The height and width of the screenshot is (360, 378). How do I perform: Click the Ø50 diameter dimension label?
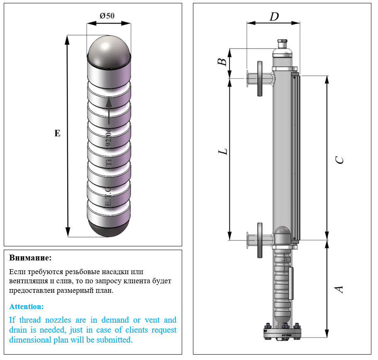(x=107, y=16)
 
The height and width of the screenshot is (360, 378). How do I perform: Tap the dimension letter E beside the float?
(x=57, y=133)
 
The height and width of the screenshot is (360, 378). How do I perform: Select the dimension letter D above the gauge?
(x=274, y=17)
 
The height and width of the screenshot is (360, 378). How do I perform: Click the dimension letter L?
(x=224, y=151)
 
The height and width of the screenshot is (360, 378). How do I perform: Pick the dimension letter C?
(x=339, y=160)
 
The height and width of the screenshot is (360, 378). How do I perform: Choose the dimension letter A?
(x=339, y=289)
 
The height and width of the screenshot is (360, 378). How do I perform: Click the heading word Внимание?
(x=30, y=258)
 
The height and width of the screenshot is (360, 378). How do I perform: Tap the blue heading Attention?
(x=26, y=307)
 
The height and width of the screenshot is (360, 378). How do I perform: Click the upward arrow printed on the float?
(x=109, y=110)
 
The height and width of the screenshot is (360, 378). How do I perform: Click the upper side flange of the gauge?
(x=260, y=79)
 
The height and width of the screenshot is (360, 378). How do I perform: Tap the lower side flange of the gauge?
(x=260, y=240)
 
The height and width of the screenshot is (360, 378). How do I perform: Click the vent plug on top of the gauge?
(x=283, y=43)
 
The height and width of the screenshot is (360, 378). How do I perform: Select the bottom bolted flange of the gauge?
(x=283, y=334)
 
